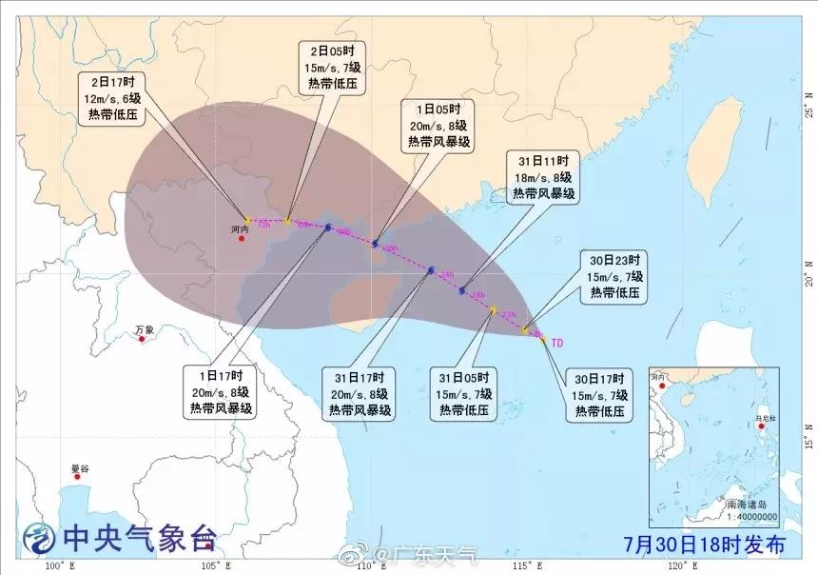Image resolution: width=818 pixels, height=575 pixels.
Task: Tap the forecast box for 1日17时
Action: [220, 392]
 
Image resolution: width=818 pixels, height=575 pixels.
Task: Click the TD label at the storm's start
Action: [557, 342]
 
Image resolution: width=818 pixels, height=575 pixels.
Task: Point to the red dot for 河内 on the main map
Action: [242, 238]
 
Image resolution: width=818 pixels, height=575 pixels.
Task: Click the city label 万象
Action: [144, 330]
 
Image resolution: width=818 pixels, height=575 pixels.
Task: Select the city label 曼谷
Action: [80, 468]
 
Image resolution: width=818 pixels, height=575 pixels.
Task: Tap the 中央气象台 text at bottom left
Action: [138, 540]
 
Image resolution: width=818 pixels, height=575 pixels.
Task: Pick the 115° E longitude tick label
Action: [528, 567]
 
